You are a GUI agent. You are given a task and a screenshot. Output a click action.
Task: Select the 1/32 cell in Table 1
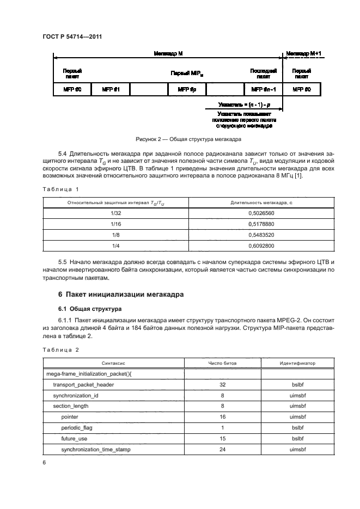click(x=115, y=214)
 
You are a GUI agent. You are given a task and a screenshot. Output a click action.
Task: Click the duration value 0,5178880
click(x=261, y=224)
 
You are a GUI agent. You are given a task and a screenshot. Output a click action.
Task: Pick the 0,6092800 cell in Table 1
click(x=261, y=245)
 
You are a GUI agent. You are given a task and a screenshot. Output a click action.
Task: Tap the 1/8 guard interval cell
click(x=115, y=235)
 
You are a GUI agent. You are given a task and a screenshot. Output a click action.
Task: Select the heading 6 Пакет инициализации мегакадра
click(x=119, y=295)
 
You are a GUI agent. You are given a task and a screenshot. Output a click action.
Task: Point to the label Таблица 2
click(x=61, y=349)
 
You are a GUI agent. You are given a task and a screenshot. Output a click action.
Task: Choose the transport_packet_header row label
click(x=83, y=384)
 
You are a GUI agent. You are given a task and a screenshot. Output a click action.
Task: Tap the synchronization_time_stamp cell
click(x=96, y=449)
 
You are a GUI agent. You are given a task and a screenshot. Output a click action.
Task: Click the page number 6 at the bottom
click(x=44, y=462)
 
